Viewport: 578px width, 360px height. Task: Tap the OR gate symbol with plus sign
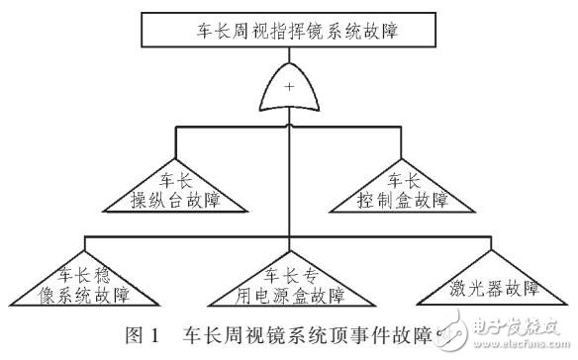coord(289,93)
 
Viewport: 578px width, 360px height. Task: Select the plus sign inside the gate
coord(289,89)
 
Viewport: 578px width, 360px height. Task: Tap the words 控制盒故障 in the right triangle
coord(403,201)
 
